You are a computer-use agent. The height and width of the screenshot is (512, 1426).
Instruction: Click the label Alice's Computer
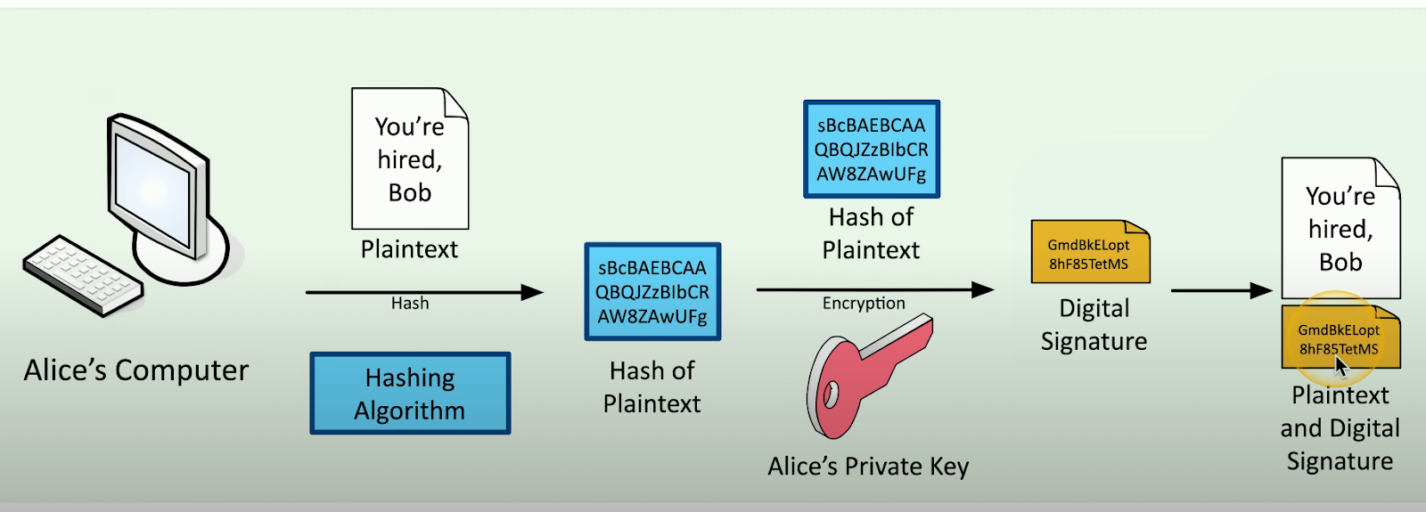coord(136,370)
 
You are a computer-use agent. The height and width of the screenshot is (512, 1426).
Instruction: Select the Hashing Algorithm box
coord(411,394)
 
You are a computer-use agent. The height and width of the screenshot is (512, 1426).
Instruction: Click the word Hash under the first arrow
coord(410,304)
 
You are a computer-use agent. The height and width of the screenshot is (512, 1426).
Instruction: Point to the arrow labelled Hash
coord(424,292)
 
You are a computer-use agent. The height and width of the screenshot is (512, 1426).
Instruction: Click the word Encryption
coord(864,304)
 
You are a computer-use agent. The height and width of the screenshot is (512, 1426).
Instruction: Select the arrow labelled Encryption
coord(875,290)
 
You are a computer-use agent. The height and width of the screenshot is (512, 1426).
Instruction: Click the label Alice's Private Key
coord(868,467)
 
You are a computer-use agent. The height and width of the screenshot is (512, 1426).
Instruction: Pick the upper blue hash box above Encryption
coord(872,149)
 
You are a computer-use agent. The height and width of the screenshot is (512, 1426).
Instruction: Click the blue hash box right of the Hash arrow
coord(652,292)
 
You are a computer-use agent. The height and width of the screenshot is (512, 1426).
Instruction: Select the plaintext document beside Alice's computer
coord(410,158)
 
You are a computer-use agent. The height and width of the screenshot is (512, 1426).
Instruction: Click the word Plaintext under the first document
coord(409,249)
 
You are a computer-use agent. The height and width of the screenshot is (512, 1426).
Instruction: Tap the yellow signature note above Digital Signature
coord(1091,252)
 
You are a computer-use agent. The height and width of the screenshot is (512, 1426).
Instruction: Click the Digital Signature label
coord(1094,325)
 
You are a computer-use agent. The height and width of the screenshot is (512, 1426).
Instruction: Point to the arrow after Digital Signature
coord(1222,290)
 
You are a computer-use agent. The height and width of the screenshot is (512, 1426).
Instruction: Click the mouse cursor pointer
coord(1341,367)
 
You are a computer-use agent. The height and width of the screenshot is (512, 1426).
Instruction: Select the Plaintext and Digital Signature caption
coord(1340,428)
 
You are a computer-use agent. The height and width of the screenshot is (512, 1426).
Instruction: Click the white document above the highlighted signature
coord(1340,228)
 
